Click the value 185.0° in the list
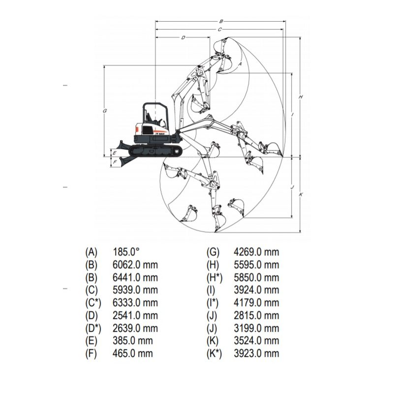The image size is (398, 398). click(126, 252)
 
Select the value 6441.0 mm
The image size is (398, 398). click(135, 277)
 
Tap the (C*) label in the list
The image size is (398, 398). click(93, 303)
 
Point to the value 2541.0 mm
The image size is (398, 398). click(135, 315)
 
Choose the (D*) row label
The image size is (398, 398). click(93, 328)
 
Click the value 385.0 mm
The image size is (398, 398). click(132, 340)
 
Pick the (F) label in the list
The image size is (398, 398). click(91, 354)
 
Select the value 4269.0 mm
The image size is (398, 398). click(256, 252)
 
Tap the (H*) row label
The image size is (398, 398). click(214, 277)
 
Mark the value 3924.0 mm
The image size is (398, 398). click(256, 290)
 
